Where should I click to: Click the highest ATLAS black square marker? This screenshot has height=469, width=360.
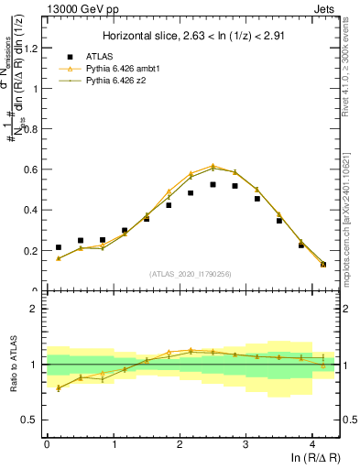point(213,184)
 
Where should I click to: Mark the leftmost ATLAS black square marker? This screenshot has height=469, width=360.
point(59,247)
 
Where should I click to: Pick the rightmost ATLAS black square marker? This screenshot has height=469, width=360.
point(323,264)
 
